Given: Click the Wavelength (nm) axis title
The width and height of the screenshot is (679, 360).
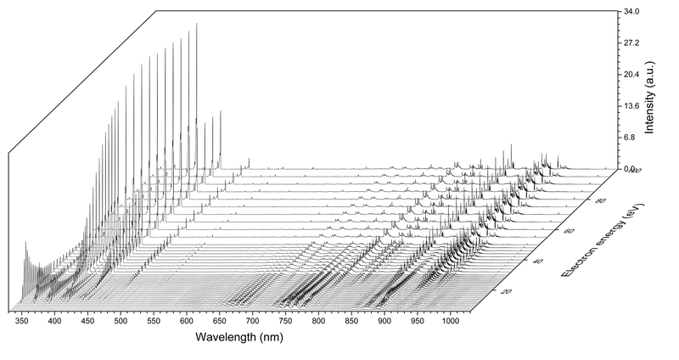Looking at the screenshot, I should tap(242, 337).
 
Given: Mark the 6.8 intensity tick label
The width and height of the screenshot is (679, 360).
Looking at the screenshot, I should tap(627, 138).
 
